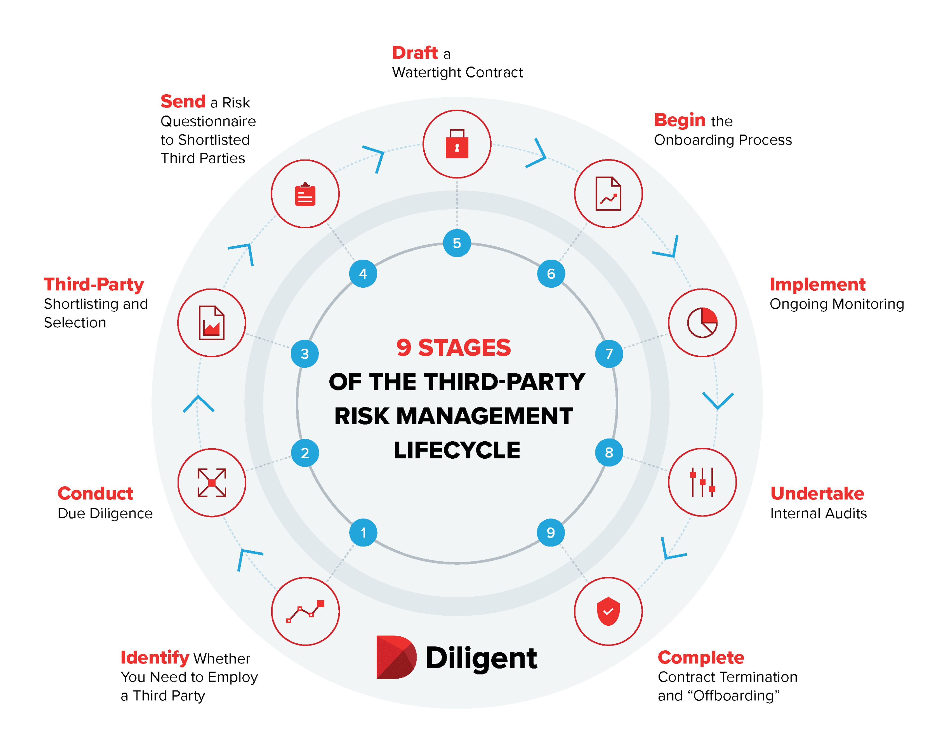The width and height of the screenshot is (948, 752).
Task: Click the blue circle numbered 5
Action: click(x=457, y=243)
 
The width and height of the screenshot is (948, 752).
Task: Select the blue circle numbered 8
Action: click(x=609, y=452)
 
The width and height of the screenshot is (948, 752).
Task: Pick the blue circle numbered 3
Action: click(x=305, y=354)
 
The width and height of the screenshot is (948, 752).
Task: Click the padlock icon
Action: click(x=457, y=144)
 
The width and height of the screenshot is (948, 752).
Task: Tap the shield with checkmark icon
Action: click(x=608, y=611)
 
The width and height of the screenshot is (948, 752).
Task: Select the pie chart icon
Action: click(x=702, y=322)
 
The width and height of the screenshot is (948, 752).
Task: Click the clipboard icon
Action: click(x=305, y=194)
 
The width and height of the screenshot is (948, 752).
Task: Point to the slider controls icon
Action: click(x=702, y=482)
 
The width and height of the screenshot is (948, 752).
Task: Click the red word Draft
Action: click(x=415, y=53)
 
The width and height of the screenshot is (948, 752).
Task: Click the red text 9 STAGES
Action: click(x=453, y=348)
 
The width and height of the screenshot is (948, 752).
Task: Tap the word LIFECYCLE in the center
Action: click(x=457, y=450)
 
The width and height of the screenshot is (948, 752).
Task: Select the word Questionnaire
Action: click(x=208, y=121)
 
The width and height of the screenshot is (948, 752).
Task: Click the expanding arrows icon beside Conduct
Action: click(x=212, y=483)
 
